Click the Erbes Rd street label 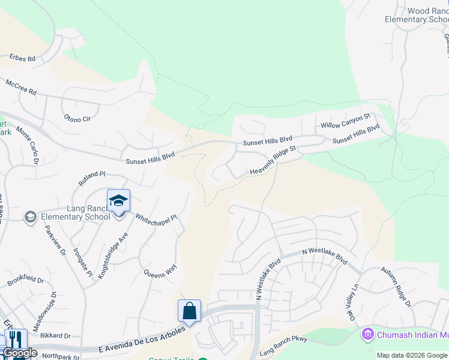tap(22, 59)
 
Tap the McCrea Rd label tap(21, 89)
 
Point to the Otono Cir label tap(77, 118)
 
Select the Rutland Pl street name tap(91, 178)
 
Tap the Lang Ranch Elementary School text tap(72, 212)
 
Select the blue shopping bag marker tap(189, 311)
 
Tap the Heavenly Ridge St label tap(273, 161)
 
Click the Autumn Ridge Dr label tap(396, 292)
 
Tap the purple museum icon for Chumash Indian tap(367, 333)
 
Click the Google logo tap(19, 353)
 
